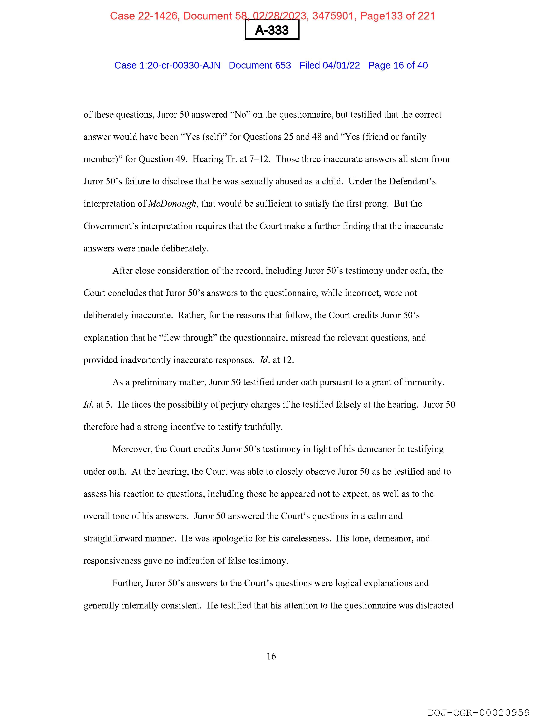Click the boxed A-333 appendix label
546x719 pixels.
pyautogui.click(x=272, y=30)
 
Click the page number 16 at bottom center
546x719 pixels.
pyautogui.click(x=271, y=656)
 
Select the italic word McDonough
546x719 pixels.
pyautogui.click(x=172, y=204)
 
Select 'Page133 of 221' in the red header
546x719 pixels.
pyautogui.click(x=397, y=16)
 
